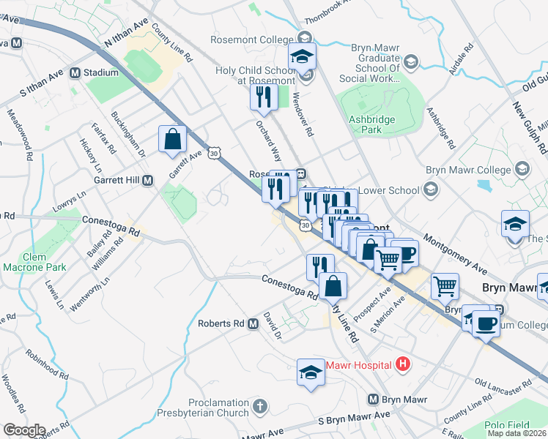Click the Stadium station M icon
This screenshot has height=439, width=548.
pyautogui.click(x=74, y=72)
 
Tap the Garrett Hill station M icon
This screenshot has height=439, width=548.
pyautogui.click(x=147, y=180)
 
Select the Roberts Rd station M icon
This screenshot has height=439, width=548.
pyautogui.click(x=253, y=323)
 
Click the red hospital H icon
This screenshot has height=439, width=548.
pyautogui.click(x=401, y=364)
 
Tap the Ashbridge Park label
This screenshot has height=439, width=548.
pyautogui.click(x=372, y=124)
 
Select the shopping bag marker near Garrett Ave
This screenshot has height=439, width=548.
pyautogui.click(x=172, y=139)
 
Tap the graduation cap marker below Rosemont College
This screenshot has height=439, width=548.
pyautogui.click(x=301, y=56)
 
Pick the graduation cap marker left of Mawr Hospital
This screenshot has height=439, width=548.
pyautogui.click(x=311, y=373)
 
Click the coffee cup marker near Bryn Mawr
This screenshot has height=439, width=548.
pyautogui.click(x=485, y=323)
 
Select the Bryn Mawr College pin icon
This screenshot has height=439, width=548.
pyautogui.click(x=522, y=170)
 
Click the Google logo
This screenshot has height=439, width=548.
pyautogui.click(x=23, y=430)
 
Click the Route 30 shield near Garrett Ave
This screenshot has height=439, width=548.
pyautogui.click(x=213, y=153)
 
